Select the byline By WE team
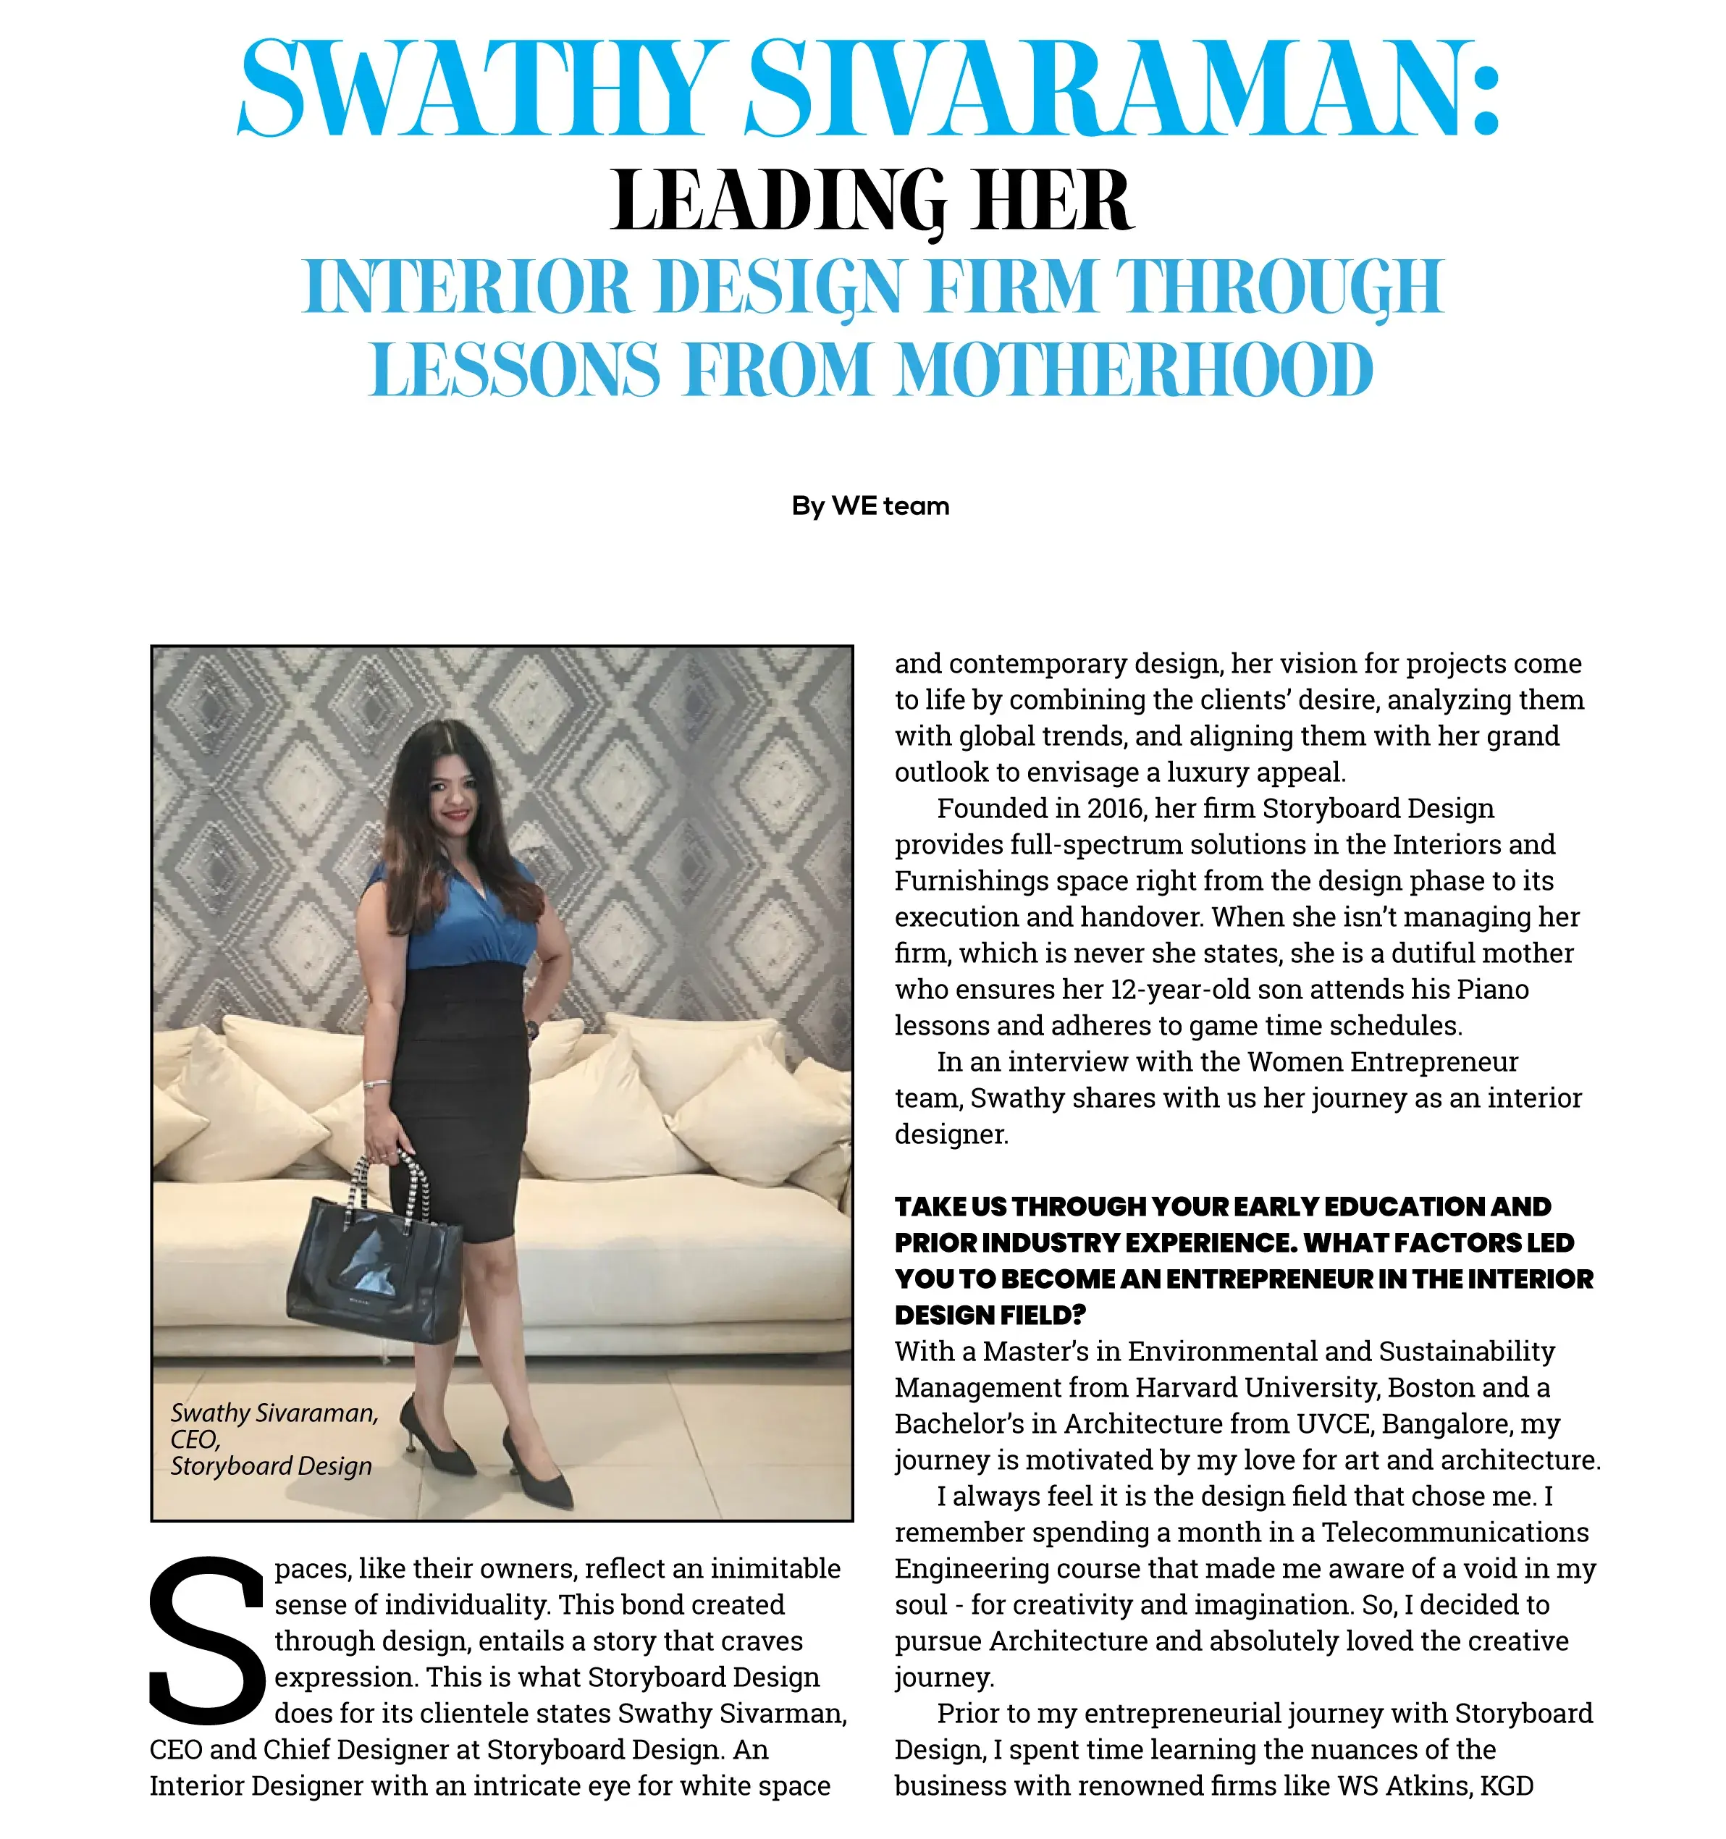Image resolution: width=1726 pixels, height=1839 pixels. click(870, 506)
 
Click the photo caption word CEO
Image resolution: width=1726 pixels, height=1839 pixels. click(194, 1439)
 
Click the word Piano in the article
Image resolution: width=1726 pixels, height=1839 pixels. click(1492, 990)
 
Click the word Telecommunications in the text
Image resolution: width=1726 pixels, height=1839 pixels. click(1454, 1532)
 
